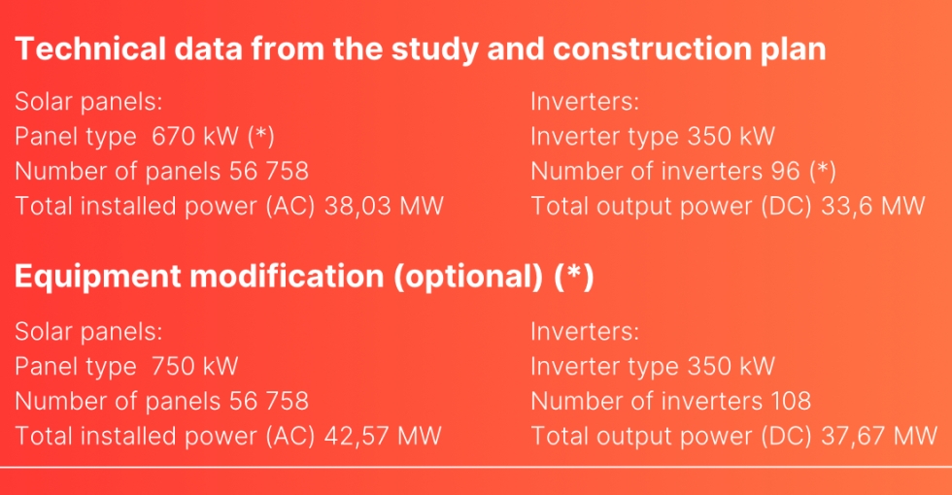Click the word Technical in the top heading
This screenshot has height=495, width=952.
90,49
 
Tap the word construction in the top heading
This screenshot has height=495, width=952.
652,49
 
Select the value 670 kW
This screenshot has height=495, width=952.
195,136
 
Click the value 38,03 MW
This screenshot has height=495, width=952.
384,206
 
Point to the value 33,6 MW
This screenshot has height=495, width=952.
873,206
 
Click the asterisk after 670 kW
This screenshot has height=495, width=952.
261,136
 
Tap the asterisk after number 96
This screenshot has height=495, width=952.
823,171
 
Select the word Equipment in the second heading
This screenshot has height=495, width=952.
98,277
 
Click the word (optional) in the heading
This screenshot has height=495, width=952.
468,277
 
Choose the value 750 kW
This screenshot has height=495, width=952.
194,366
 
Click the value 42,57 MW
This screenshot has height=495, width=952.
383,436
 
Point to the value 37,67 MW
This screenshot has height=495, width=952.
879,436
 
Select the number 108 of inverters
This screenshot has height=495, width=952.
791,401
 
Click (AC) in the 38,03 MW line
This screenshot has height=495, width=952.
290,206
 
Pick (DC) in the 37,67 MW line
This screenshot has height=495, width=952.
788,436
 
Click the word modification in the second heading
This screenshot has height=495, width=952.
288,276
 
